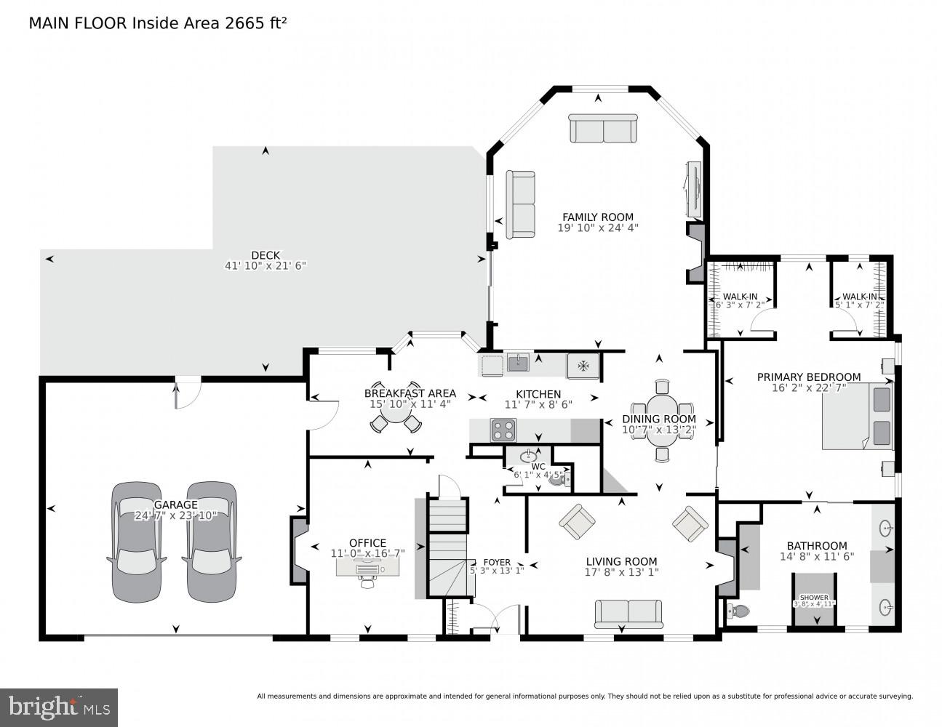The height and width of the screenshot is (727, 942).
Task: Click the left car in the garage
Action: tap(137, 542)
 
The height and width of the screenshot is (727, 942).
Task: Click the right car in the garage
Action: tap(212, 542)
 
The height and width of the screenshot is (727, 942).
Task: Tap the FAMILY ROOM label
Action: tap(597, 217)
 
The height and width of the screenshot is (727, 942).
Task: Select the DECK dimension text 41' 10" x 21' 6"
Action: tap(266, 266)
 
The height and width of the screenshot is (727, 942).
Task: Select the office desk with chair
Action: tap(367, 569)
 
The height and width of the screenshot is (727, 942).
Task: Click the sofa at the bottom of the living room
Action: tap(628, 612)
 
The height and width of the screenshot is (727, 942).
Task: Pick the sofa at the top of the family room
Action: tap(603, 129)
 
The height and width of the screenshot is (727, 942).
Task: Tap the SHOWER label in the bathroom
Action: tap(814, 597)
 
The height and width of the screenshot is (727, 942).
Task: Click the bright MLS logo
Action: tap(59, 707)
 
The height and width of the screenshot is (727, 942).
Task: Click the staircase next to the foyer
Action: tap(444, 545)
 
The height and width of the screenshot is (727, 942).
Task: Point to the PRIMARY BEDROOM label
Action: tap(808, 377)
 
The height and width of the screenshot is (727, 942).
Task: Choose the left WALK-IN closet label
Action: tap(740, 297)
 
